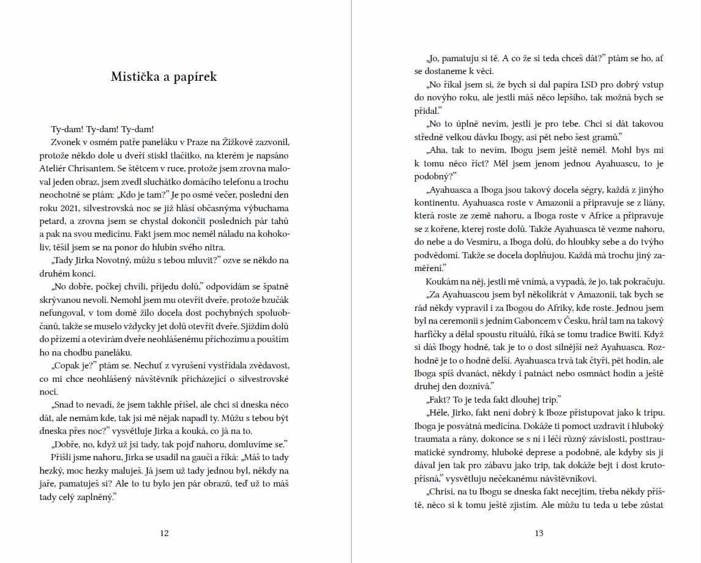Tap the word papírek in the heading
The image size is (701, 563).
point(195,77)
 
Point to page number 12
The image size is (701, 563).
point(164,533)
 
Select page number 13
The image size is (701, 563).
point(539,533)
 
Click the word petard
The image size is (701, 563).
point(52,220)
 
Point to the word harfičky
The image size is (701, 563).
point(431,334)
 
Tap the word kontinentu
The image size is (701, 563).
point(438,203)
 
